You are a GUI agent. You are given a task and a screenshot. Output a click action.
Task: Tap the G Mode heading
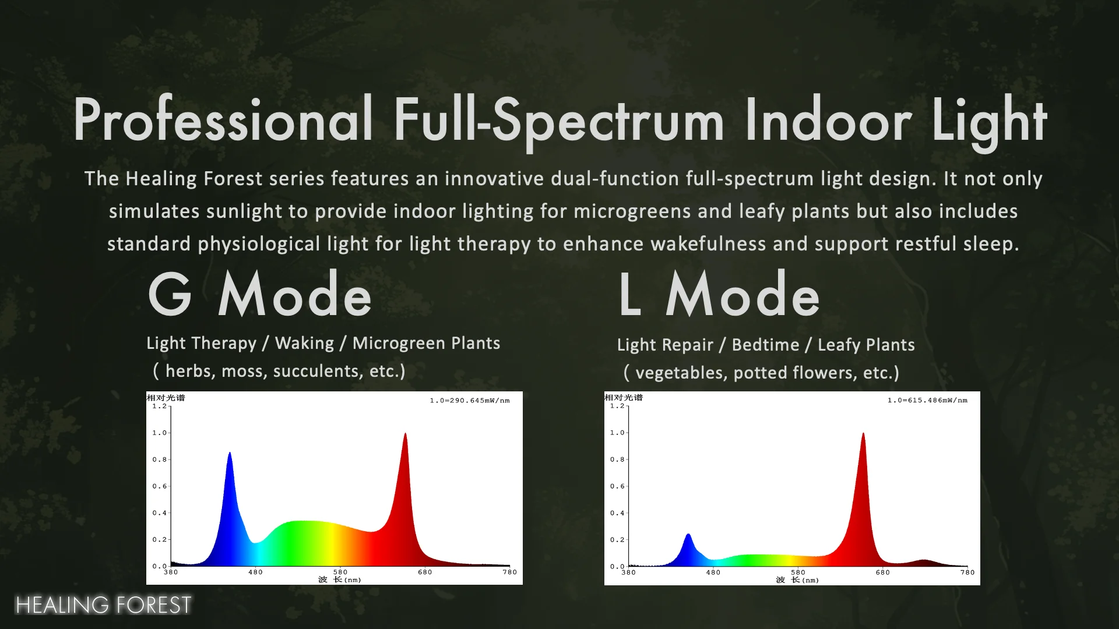(260, 294)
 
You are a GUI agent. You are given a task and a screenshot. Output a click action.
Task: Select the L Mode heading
(719, 294)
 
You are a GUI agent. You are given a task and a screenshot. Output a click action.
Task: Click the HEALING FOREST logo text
(103, 605)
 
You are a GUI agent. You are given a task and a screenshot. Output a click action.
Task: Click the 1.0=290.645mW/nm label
(470, 401)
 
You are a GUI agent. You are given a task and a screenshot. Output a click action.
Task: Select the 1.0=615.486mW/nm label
(927, 401)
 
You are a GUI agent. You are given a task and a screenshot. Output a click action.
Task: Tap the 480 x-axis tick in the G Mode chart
(255, 572)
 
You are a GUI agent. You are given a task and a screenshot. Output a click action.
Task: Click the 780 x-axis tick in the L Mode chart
(967, 573)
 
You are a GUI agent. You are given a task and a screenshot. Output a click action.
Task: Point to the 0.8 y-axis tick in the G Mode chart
(160, 460)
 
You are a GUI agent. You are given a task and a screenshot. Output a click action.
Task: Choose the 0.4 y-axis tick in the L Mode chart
(617, 513)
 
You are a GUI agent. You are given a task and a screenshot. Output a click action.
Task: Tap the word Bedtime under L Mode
(765, 345)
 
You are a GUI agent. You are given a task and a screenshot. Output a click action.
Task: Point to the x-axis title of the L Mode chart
(797, 580)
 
